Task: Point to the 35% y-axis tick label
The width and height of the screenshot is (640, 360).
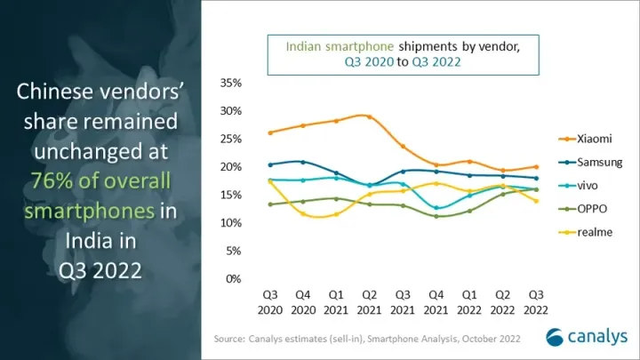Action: [229, 83]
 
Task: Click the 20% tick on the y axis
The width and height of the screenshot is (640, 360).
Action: [229, 166]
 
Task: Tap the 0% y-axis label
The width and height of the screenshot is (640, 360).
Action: [233, 278]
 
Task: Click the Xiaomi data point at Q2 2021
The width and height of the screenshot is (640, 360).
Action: [369, 116]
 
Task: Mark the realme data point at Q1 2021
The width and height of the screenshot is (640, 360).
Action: [336, 214]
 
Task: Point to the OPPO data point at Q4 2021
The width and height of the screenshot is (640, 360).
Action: [436, 216]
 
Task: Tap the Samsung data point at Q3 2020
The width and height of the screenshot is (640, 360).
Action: [269, 164]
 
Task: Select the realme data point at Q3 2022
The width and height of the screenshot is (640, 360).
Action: [535, 201]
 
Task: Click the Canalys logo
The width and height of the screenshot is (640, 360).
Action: [586, 338]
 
